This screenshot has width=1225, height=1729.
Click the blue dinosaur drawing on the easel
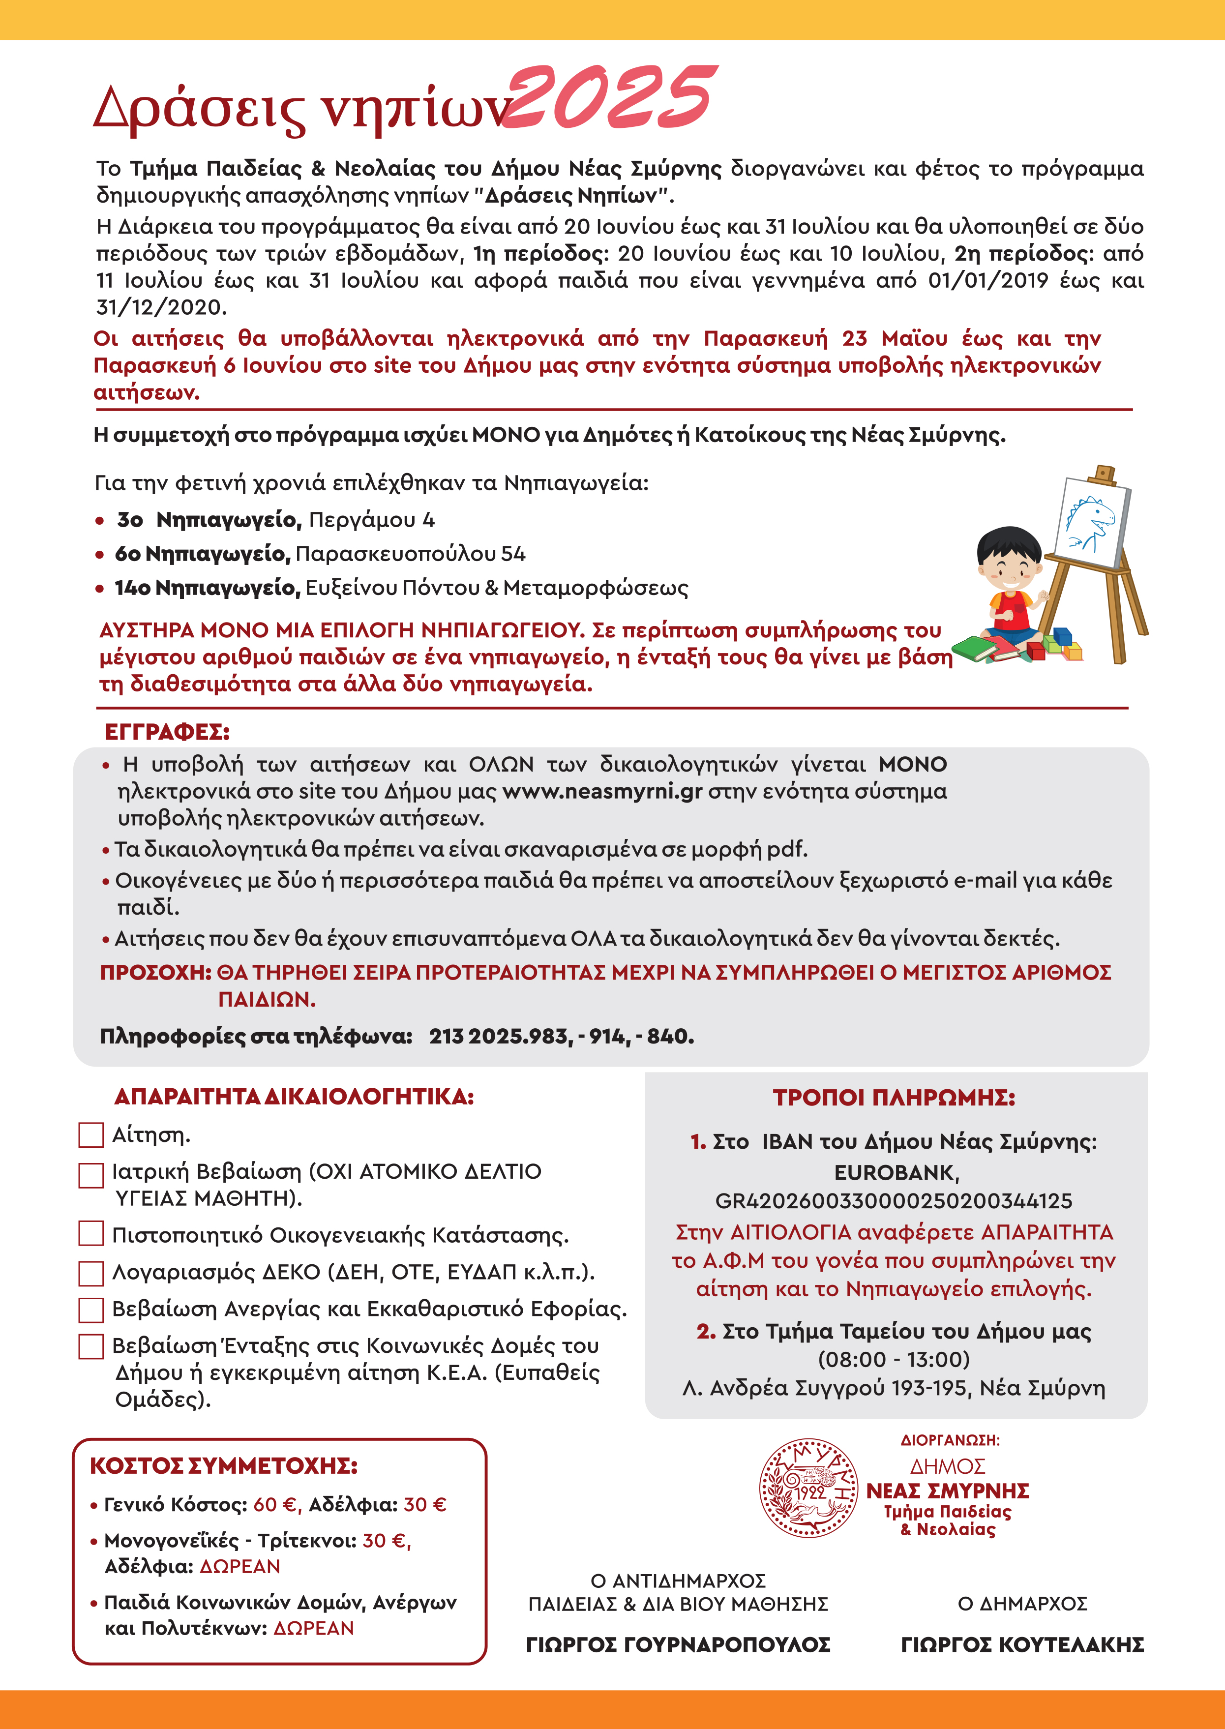coord(1090,520)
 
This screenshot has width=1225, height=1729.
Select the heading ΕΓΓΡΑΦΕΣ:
coord(167,732)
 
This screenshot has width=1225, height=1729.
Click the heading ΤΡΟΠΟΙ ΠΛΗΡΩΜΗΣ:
coord(894,1098)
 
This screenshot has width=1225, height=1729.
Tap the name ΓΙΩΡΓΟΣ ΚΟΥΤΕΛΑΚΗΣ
coord(1022,1644)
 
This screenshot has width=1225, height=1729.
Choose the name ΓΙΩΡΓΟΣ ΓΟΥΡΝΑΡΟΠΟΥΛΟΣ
coord(678,1644)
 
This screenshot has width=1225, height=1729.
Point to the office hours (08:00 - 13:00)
coord(894,1359)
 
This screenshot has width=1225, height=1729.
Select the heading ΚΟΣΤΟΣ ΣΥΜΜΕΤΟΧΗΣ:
coord(223,1466)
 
